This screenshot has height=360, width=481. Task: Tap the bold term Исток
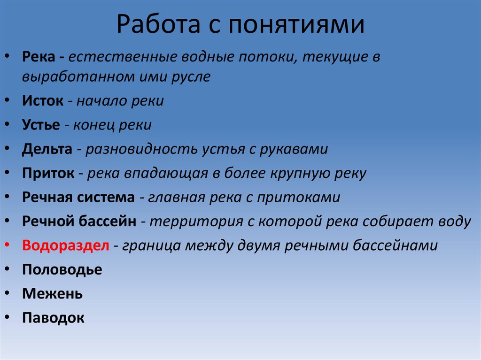(x=42, y=101)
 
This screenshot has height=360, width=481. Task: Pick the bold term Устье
(x=41, y=125)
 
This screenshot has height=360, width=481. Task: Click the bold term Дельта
(x=47, y=149)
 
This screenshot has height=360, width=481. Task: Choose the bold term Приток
(x=48, y=173)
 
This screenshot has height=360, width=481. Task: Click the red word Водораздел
(x=65, y=245)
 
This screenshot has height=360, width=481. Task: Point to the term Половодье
(x=62, y=270)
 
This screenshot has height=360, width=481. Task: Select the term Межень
(x=52, y=294)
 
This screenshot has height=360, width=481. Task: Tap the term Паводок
(x=53, y=318)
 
